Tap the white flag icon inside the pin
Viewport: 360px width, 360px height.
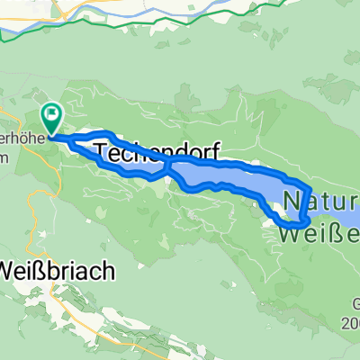point(51,114)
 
